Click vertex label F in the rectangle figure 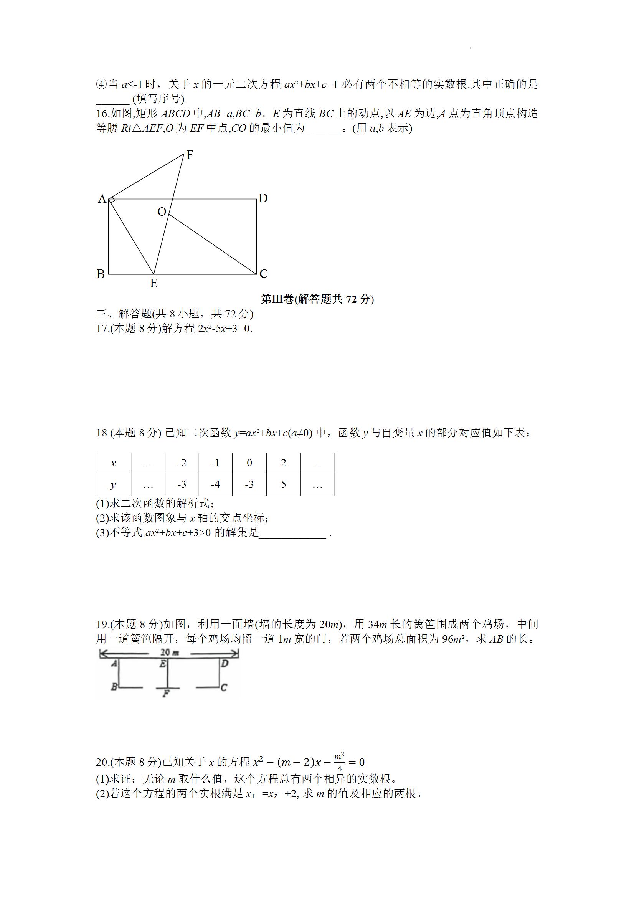[x=190, y=155]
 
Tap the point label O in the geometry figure [x=162, y=212]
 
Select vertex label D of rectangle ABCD [x=263, y=198]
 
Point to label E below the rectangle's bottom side [x=154, y=283]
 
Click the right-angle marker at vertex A [x=112, y=200]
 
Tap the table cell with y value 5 [x=283, y=484]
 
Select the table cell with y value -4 [x=215, y=484]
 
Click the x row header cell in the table [x=113, y=463]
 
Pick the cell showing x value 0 [x=249, y=463]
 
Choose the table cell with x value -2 [x=182, y=463]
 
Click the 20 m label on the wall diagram [x=170, y=653]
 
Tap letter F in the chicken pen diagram [x=166, y=694]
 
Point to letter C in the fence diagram [x=223, y=687]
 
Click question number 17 [x=102, y=329]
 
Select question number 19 [x=102, y=624]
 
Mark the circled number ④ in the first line [x=101, y=84]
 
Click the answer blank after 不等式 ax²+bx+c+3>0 [x=292, y=533]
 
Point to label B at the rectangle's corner [x=101, y=274]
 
